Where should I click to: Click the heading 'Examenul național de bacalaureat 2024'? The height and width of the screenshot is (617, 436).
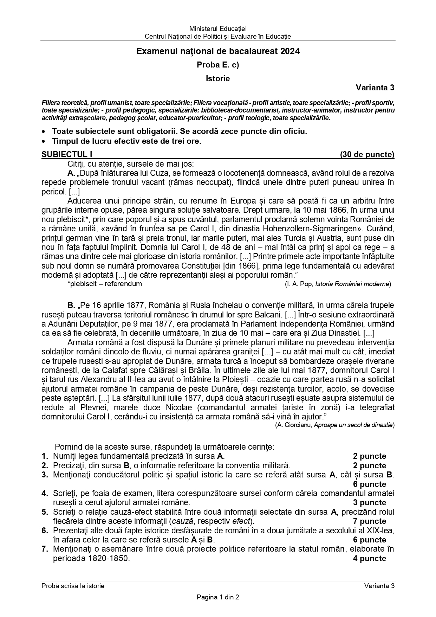[218, 51]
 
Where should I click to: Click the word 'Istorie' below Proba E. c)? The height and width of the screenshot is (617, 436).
[218, 78]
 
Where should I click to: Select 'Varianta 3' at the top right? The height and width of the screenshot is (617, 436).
[375, 88]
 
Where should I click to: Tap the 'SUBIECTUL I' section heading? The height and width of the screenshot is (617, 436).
[67, 154]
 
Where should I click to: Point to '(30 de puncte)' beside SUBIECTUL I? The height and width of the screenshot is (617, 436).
[367, 154]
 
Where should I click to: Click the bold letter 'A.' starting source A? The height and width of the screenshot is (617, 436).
[71, 173]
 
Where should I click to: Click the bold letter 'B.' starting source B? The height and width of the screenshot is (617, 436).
[71, 305]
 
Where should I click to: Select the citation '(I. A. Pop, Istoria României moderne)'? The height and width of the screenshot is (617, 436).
[338, 284]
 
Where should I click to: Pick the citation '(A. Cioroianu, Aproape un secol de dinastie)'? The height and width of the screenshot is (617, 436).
[335, 425]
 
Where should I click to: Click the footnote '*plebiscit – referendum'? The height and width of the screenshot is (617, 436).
[105, 284]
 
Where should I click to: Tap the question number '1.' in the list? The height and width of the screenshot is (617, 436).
[45, 456]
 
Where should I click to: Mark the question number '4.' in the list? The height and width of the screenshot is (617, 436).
[45, 493]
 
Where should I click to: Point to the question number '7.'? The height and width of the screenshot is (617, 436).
[45, 549]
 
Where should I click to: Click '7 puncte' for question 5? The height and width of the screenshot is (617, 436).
[370, 521]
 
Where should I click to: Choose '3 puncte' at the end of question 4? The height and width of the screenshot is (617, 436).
[370, 502]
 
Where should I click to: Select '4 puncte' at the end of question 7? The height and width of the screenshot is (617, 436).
[370, 558]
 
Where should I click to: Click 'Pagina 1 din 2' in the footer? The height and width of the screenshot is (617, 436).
[218, 597]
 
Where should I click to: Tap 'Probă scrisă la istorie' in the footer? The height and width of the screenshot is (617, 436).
[73, 586]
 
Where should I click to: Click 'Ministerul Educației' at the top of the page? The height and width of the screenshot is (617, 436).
[218, 29]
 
